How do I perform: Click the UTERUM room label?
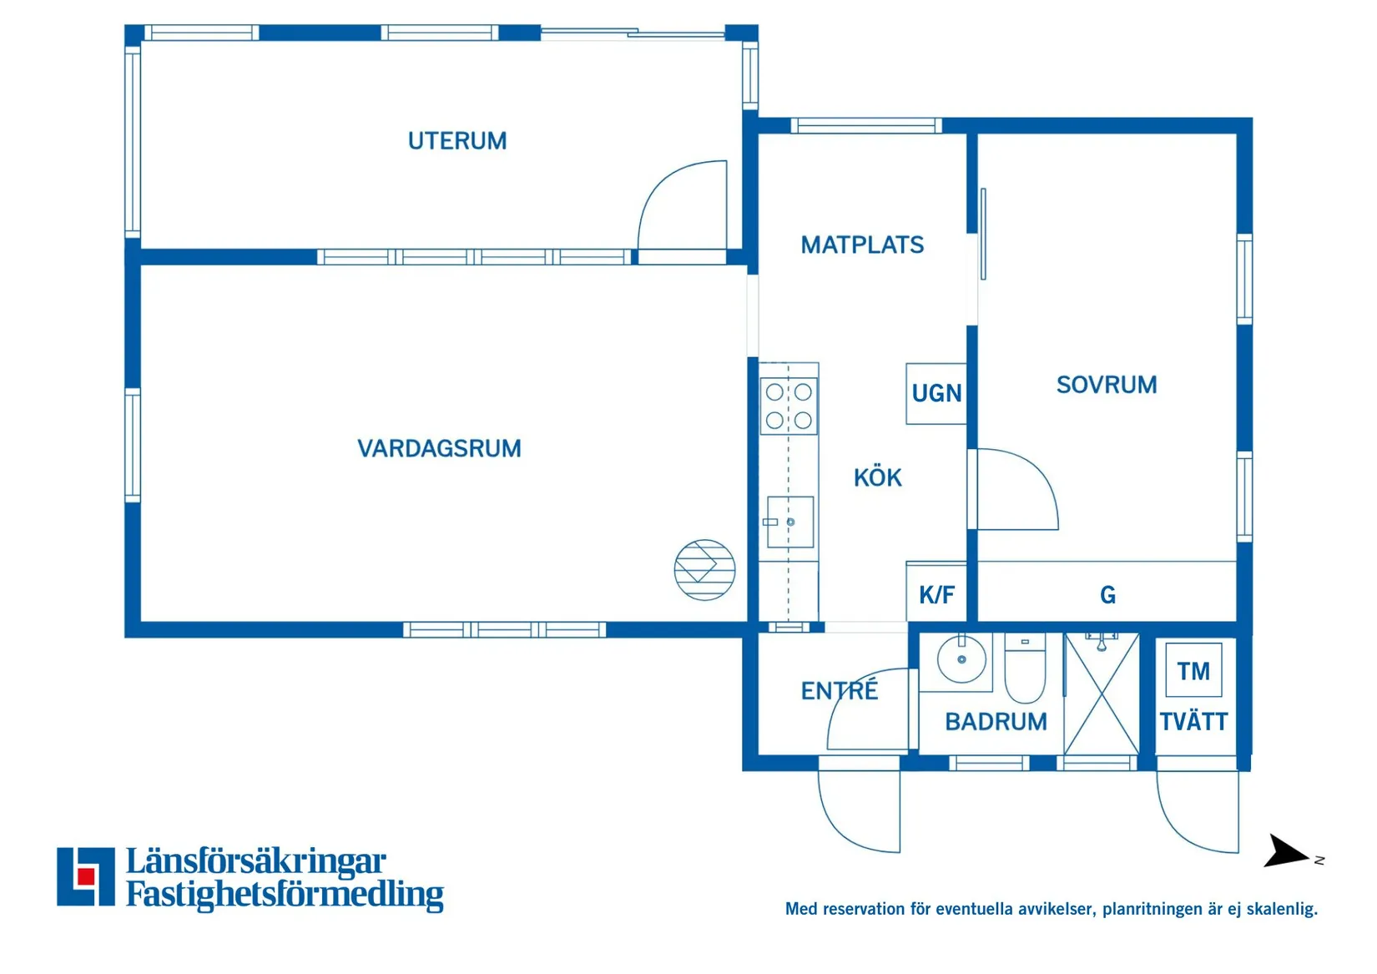coord(456,141)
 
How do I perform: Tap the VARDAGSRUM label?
coord(439,449)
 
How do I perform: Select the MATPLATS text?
coord(862,245)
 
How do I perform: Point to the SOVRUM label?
coord(1107,385)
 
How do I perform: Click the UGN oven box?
coord(936,394)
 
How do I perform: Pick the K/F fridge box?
coord(936,594)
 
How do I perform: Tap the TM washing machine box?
coord(1193,670)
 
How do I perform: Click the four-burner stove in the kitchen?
coord(789,406)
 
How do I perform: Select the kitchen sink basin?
coord(790,522)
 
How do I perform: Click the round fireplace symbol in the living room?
coord(704,570)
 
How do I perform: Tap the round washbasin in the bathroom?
coord(961,659)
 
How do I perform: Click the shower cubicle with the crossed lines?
coord(1102,695)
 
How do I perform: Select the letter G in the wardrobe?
coord(1107,595)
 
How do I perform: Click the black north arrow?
coord(1286,852)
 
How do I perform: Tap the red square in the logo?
coord(85,876)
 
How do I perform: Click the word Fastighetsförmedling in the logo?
coord(285,895)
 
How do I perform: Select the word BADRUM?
coord(996,722)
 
